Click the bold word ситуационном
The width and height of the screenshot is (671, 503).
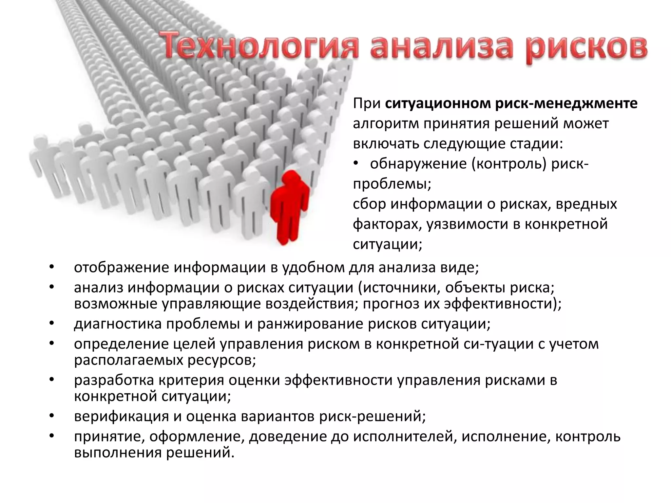438,103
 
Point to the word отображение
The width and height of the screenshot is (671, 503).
121,267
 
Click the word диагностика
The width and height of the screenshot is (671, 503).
118,324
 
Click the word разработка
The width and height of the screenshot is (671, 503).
114,380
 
